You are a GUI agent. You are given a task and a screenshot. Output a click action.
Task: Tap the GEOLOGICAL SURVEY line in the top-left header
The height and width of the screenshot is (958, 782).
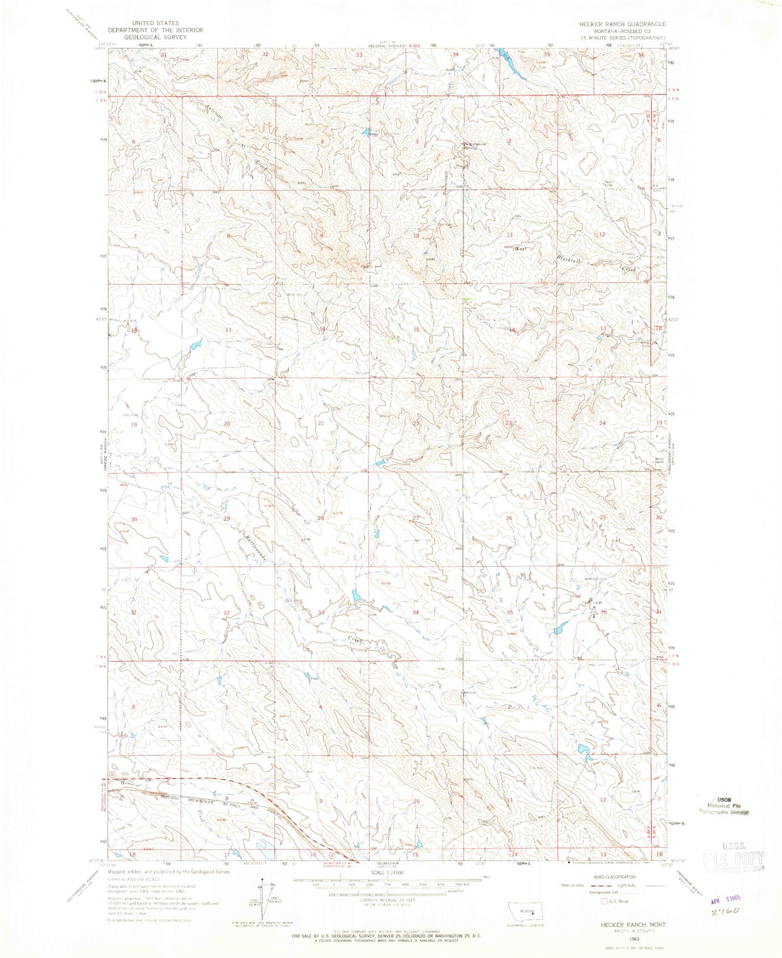point(155,38)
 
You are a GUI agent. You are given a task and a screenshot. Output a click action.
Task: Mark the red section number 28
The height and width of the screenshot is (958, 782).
point(321,518)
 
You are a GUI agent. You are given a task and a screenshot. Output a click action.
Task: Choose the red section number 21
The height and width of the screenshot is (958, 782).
point(321,423)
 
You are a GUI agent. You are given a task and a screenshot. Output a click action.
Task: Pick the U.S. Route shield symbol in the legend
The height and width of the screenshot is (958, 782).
point(605,901)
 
